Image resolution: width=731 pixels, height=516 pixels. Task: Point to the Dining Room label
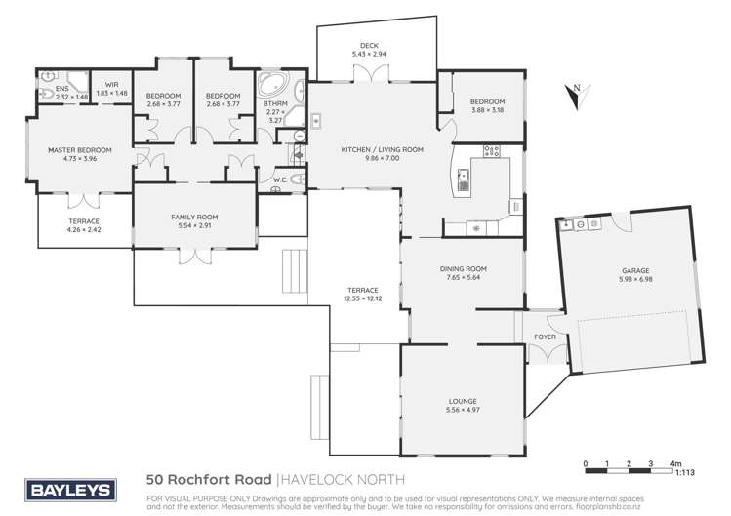[465, 268]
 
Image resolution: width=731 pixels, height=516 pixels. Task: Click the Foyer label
[544, 338]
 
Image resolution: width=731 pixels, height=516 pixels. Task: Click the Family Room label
[193, 217]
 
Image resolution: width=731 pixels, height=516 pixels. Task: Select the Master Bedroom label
[80, 149]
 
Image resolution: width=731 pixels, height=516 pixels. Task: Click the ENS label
[48, 89]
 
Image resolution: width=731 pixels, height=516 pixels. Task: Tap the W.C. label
[279, 179]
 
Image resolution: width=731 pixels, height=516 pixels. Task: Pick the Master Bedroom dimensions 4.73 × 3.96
[80, 158]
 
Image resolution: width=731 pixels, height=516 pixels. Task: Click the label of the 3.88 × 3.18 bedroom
[487, 101]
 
